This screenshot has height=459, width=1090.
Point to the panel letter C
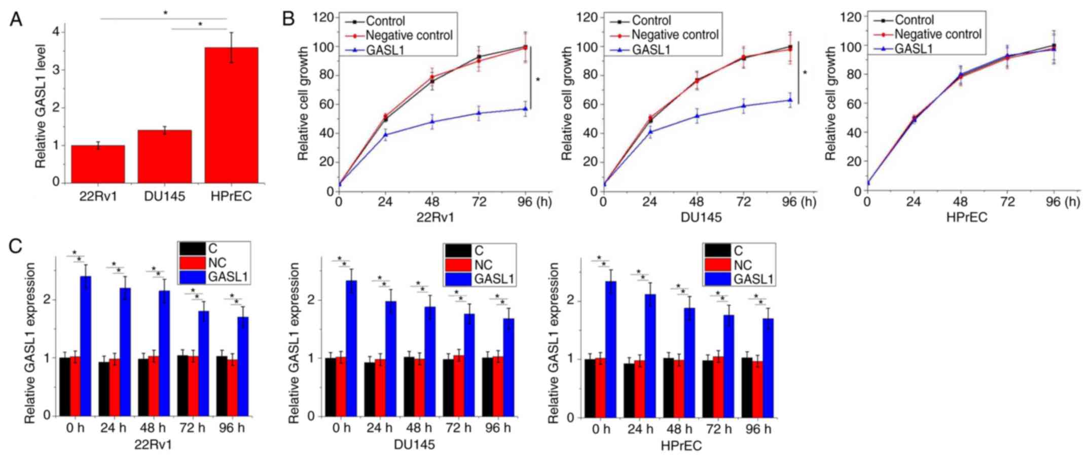click(x=16, y=246)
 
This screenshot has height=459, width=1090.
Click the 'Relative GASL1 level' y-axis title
click(x=41, y=106)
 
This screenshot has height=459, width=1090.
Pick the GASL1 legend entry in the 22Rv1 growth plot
click(x=385, y=50)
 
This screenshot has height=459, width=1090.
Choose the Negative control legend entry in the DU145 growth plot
click(x=674, y=35)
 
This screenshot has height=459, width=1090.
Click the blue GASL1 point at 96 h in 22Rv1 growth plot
click(x=526, y=109)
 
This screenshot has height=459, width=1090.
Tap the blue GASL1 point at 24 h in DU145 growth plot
click(x=650, y=132)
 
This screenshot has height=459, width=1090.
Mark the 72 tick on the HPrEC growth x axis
click(x=1007, y=202)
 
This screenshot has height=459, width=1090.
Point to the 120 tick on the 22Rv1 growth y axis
click(x=323, y=18)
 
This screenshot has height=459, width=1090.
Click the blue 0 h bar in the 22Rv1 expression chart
click(x=86, y=346)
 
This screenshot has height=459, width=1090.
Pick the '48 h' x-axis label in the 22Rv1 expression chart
click(x=153, y=428)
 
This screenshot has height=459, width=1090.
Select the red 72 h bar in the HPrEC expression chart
click(x=718, y=386)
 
